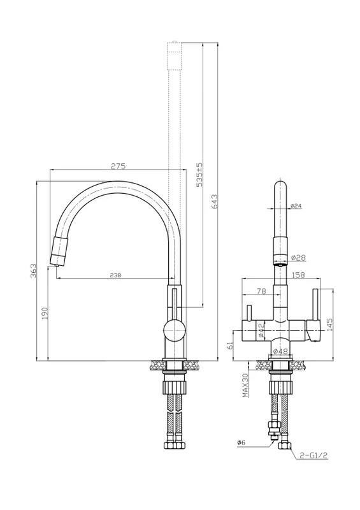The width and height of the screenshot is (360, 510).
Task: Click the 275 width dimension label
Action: coord(118,166)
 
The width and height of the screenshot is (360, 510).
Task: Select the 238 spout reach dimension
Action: coord(115,275)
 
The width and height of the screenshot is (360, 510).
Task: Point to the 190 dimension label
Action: coord(45,313)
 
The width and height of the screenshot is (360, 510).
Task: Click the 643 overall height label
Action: coord(214,201)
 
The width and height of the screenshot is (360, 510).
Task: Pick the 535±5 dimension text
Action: coord(199,175)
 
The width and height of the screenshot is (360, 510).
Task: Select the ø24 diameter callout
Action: coord(296,205)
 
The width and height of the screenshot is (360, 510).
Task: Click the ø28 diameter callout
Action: coord(298,258)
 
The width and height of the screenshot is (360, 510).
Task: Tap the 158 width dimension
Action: coord(298,275)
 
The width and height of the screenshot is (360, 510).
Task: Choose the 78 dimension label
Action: coord(261,291)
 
